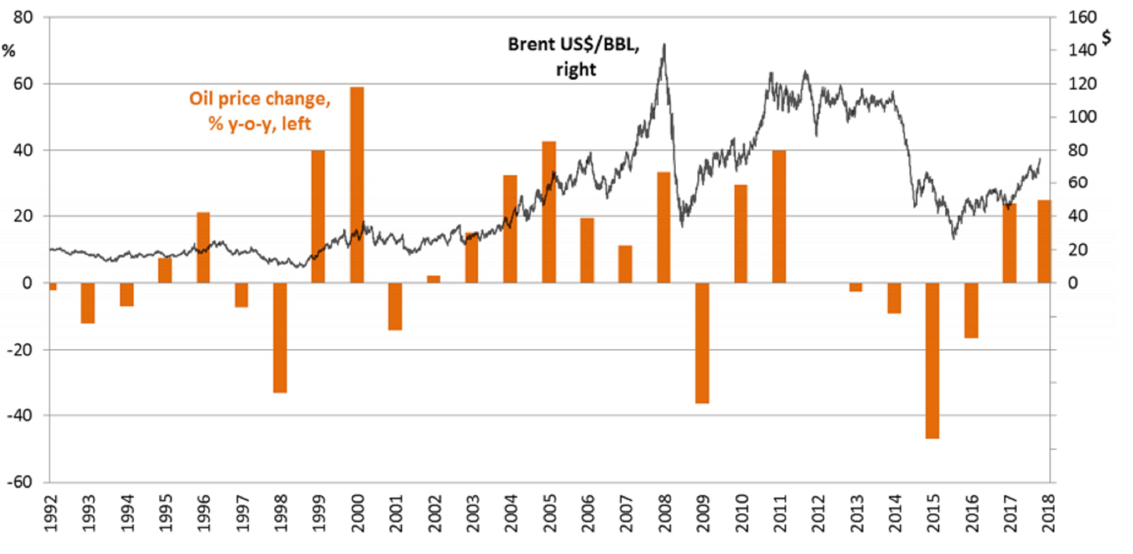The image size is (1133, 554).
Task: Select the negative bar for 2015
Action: (x=932, y=361)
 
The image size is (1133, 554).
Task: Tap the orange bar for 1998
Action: (x=280, y=338)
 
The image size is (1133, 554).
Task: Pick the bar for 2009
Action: (x=702, y=343)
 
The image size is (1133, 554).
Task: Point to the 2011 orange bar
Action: (x=779, y=216)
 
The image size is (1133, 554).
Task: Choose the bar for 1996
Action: (x=203, y=248)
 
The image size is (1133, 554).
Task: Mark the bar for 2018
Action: (x=1044, y=242)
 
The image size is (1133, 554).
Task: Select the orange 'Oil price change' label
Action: (x=259, y=111)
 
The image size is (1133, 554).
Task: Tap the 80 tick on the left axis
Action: (x=23, y=18)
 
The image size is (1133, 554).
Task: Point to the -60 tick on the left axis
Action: (x=20, y=482)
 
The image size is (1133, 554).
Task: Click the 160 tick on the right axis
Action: (x=1083, y=18)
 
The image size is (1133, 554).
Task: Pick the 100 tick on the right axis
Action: (x=1083, y=117)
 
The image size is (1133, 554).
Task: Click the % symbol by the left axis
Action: (x=9, y=51)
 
